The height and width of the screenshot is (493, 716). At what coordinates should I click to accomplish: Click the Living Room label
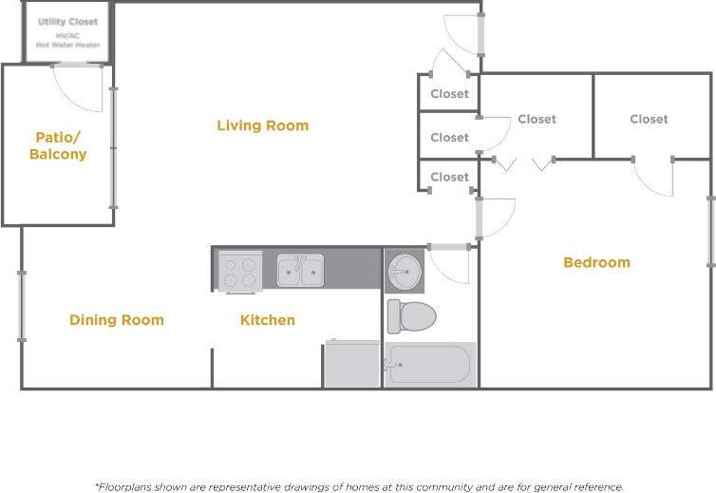(262, 125)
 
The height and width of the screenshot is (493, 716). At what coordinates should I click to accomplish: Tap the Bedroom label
(596, 262)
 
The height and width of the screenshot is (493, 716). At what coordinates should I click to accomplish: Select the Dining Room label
(116, 320)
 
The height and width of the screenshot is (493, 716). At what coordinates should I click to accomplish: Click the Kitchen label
(267, 320)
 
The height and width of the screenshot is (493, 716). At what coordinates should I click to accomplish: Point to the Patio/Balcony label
(58, 145)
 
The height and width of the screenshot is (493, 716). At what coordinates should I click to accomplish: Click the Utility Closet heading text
(67, 22)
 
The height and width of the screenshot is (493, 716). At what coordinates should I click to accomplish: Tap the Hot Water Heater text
(67, 45)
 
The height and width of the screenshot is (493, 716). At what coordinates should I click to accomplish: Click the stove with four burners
(240, 271)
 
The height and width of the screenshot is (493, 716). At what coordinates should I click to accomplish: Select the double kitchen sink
(300, 271)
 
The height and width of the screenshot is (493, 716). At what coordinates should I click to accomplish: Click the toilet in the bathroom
(410, 315)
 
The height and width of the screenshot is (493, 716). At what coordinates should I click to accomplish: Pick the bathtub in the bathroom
(430, 365)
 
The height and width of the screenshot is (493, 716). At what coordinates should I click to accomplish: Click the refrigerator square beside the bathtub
(352, 365)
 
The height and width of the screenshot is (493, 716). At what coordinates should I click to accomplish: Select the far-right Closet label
(649, 119)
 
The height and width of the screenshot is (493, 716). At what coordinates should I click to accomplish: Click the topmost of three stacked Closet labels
(449, 94)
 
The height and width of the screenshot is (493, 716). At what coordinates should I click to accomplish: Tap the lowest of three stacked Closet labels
(449, 177)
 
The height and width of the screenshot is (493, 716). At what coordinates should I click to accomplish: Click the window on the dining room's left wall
(22, 306)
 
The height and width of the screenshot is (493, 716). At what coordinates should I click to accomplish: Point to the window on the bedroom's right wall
(710, 232)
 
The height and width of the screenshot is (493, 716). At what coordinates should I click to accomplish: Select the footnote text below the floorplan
(359, 485)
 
